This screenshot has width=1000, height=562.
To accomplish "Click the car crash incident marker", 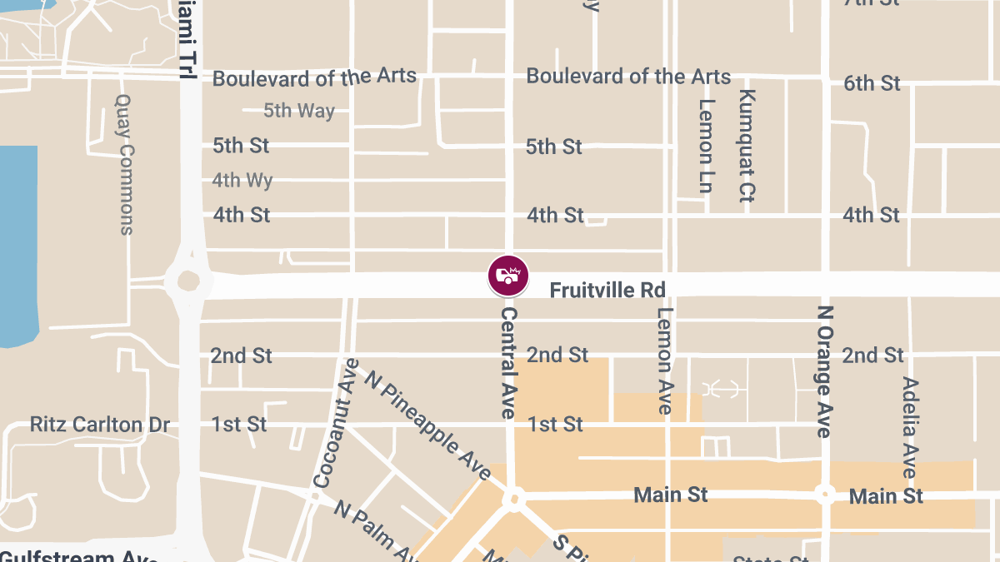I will (x=508, y=276).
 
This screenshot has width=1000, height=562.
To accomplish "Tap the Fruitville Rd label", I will (x=607, y=291).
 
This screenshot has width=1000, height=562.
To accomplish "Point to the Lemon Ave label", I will (x=664, y=361).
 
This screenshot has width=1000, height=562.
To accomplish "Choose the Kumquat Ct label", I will (x=746, y=146).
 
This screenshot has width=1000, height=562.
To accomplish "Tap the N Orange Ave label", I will (x=824, y=371).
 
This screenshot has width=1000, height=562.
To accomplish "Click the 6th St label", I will (x=872, y=83).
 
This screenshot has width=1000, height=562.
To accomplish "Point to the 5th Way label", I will (x=299, y=111).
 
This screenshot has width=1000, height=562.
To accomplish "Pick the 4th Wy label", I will (x=242, y=180).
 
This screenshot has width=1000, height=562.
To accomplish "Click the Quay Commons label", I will (x=124, y=163).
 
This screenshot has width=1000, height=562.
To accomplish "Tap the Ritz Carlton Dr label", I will (x=100, y=425).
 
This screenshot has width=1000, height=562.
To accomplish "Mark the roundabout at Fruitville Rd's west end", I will (x=187, y=281).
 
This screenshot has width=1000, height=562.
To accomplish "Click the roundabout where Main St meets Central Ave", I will (x=514, y=500).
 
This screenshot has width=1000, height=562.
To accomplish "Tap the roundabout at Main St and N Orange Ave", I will (x=825, y=495).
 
